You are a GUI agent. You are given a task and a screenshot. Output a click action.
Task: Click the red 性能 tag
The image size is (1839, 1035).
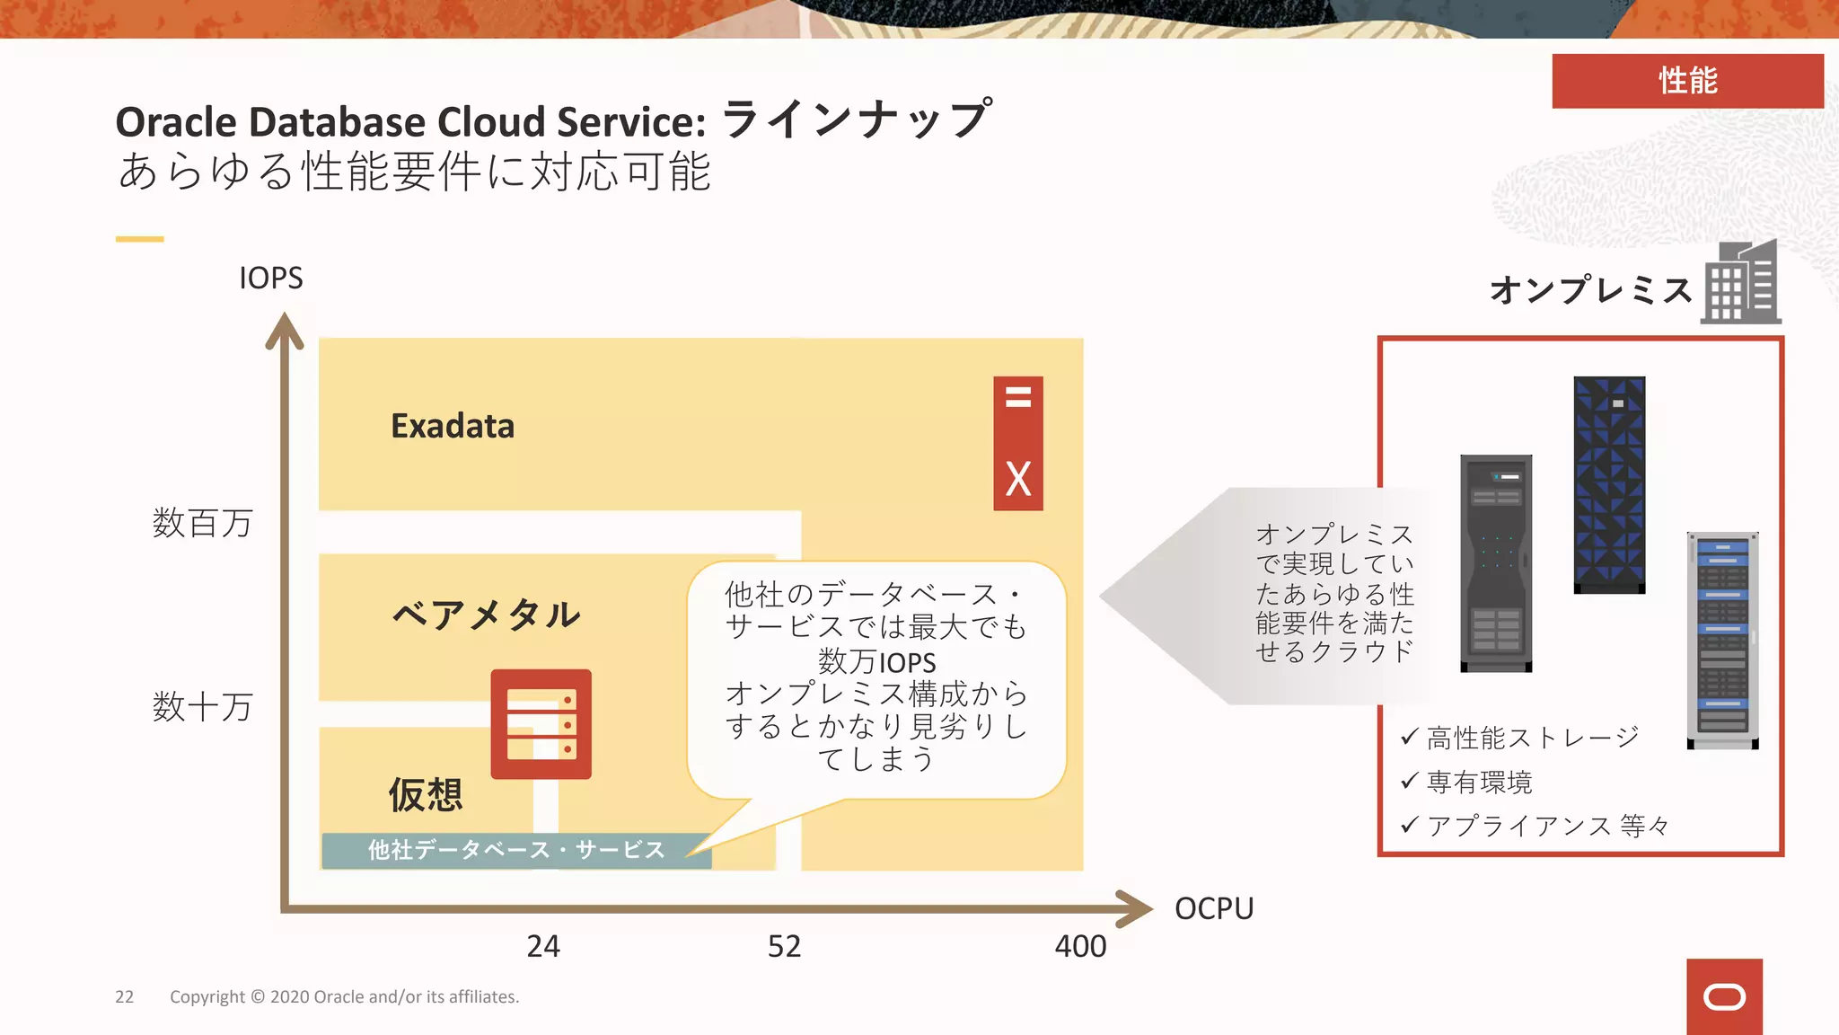tap(1687, 81)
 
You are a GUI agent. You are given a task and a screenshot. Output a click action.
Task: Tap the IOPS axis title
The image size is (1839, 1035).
tap(270, 279)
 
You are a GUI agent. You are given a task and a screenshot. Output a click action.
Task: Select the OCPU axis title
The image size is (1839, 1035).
tap(1213, 908)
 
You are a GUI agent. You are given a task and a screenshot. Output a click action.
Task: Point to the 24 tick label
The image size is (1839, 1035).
tap(542, 946)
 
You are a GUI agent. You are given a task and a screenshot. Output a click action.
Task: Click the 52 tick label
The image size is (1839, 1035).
tap(784, 946)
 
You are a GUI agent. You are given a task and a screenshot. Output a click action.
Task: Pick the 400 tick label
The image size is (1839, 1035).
tap(1080, 946)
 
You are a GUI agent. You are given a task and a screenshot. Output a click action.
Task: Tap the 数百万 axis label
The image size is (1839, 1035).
tap(203, 523)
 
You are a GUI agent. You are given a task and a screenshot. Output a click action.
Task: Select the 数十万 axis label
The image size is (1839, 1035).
tap(203, 707)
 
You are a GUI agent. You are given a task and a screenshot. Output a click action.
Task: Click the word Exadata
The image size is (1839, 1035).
tap(453, 426)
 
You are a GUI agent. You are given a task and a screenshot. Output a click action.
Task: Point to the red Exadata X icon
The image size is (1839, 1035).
tap(1017, 444)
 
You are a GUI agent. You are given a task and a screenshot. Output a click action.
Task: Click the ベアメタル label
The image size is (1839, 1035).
tap(487, 615)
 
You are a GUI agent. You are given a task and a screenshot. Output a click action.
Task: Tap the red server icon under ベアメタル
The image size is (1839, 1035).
tap(541, 724)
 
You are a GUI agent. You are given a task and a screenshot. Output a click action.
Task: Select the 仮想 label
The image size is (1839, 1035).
tap(426, 795)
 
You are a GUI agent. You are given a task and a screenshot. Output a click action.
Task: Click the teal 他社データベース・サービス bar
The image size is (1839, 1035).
tap(516, 850)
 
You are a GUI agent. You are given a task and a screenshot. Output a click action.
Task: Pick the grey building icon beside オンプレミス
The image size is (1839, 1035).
tap(1742, 283)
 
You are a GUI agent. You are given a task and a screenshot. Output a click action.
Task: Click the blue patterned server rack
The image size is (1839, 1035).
tap(1609, 485)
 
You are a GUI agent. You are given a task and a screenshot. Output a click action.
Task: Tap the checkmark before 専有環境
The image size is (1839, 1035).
tap(1409, 781)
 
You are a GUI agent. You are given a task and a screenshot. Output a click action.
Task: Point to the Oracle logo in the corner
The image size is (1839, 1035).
tap(1724, 997)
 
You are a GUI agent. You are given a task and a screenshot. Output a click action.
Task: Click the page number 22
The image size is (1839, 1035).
tap(124, 997)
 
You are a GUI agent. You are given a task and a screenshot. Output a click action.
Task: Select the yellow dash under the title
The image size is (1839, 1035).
tap(139, 239)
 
